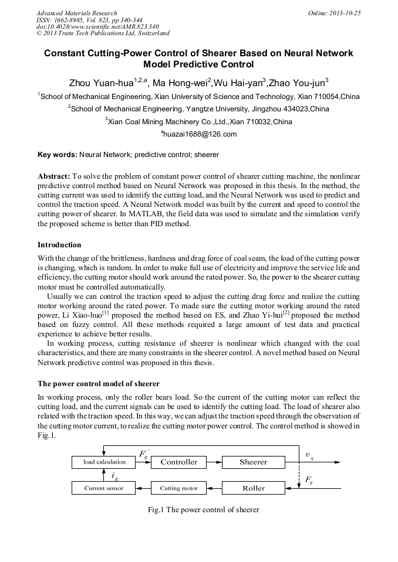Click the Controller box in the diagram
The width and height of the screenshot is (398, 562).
pyautogui.click(x=179, y=462)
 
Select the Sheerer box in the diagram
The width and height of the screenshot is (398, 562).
pyautogui.click(x=253, y=462)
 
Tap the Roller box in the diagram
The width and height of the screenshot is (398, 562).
pyautogui.click(x=253, y=488)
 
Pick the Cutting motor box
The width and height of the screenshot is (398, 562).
pyautogui.click(x=179, y=488)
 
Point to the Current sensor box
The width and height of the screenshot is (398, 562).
pyautogui.click(x=103, y=488)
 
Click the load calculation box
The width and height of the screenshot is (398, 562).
pyautogui.click(x=104, y=462)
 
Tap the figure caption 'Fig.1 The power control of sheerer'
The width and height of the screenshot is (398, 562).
pyautogui.click(x=203, y=510)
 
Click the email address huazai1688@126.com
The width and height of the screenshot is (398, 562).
pyautogui.click(x=198, y=134)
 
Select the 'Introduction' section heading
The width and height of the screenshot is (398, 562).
pyautogui.click(x=59, y=244)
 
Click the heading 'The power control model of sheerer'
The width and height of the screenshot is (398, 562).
pyautogui.click(x=98, y=384)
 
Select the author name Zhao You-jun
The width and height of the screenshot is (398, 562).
pyautogui.click(x=297, y=83)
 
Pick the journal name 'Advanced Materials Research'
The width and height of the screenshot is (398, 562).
pyautogui.click(x=76, y=13)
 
